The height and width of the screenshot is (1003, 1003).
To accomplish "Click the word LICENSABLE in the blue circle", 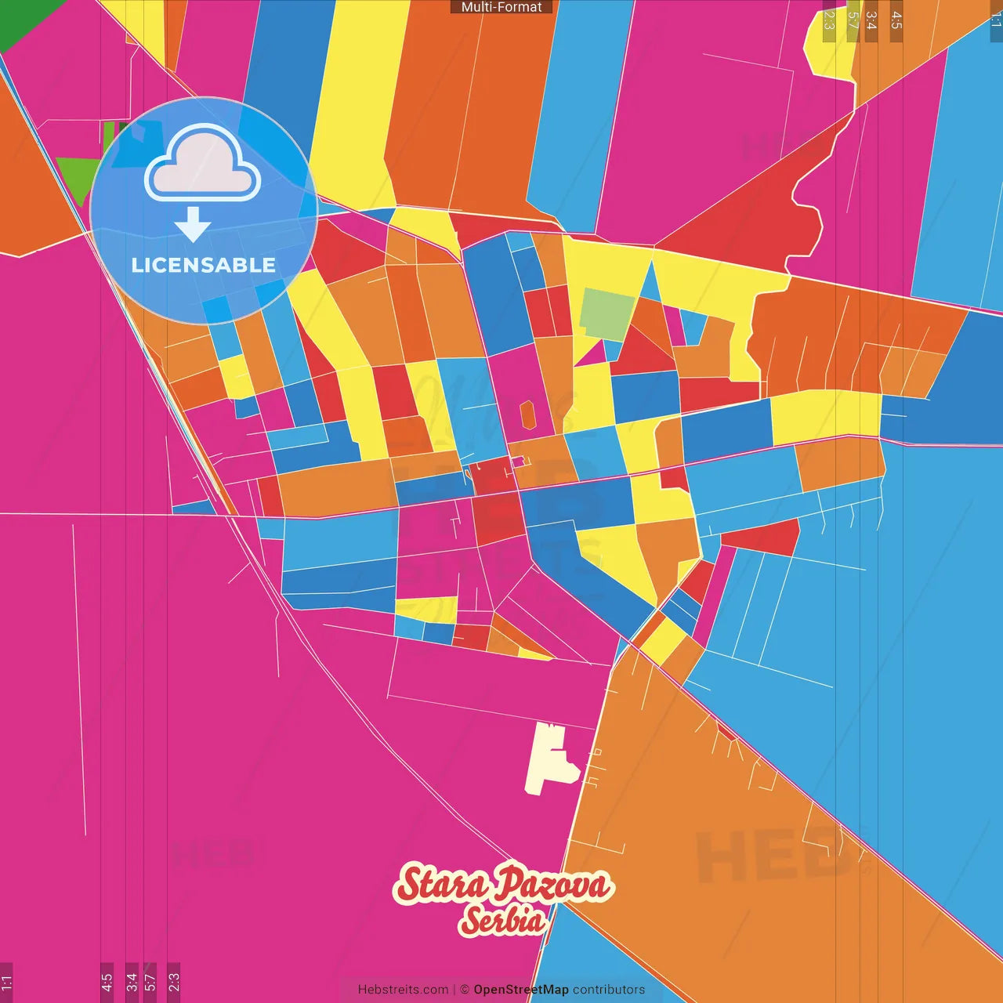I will pos(203,266).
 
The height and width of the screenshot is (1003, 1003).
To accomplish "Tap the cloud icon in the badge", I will pos(203,163).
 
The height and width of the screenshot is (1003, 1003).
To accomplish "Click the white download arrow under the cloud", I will pos(193,226).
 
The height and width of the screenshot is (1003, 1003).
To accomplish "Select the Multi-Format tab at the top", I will pos(501,7).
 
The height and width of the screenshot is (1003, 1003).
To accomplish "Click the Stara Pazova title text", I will pos(503,885).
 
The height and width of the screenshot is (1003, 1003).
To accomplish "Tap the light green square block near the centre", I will pos(607,313).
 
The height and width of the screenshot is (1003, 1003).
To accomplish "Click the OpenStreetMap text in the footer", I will pos(521,990).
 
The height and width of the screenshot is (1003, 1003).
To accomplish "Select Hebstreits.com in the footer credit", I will pos(403,990).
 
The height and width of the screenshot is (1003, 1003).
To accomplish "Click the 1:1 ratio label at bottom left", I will pos(6,982).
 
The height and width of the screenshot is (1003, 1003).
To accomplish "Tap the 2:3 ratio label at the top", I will pos(829,20).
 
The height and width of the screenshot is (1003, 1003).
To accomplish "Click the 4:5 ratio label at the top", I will pos(896,20).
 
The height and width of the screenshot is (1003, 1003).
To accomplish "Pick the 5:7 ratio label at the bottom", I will pos(150,982).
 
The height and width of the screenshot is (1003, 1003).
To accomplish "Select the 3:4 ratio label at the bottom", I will pos(132,982).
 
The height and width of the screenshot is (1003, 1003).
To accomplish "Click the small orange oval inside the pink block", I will pos(527,415).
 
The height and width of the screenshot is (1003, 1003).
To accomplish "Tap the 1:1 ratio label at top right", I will pos(996,20).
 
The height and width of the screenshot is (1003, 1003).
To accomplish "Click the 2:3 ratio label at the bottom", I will pos(173,982).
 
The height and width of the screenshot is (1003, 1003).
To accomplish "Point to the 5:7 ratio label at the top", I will pos(853,20).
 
